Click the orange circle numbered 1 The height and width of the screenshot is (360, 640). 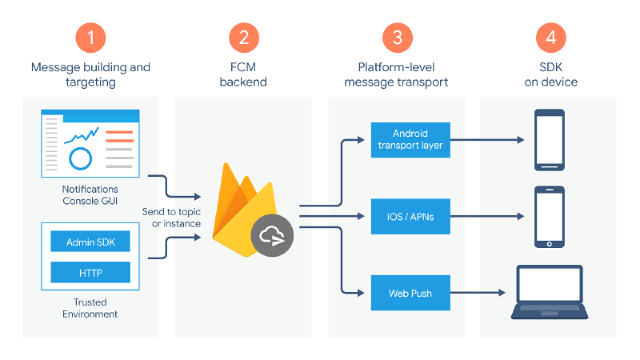tap(90, 37)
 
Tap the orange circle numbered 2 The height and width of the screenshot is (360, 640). tap(243, 37)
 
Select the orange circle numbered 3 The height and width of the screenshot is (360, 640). tap(397, 37)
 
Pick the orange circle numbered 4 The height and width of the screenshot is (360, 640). tap(550, 37)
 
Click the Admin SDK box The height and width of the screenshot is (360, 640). tap(90, 242)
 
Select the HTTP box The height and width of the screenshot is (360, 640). tap(90, 272)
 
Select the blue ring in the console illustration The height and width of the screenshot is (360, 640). tap(81, 158)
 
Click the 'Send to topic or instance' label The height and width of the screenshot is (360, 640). tap(171, 216)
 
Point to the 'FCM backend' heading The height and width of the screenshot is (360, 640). tap(243, 74)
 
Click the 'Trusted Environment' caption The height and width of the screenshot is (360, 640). tap(90, 308)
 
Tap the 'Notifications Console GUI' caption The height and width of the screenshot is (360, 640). tap(90, 194)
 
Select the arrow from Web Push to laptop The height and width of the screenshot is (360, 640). tap(480, 293)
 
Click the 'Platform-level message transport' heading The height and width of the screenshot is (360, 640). tap(397, 74)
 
